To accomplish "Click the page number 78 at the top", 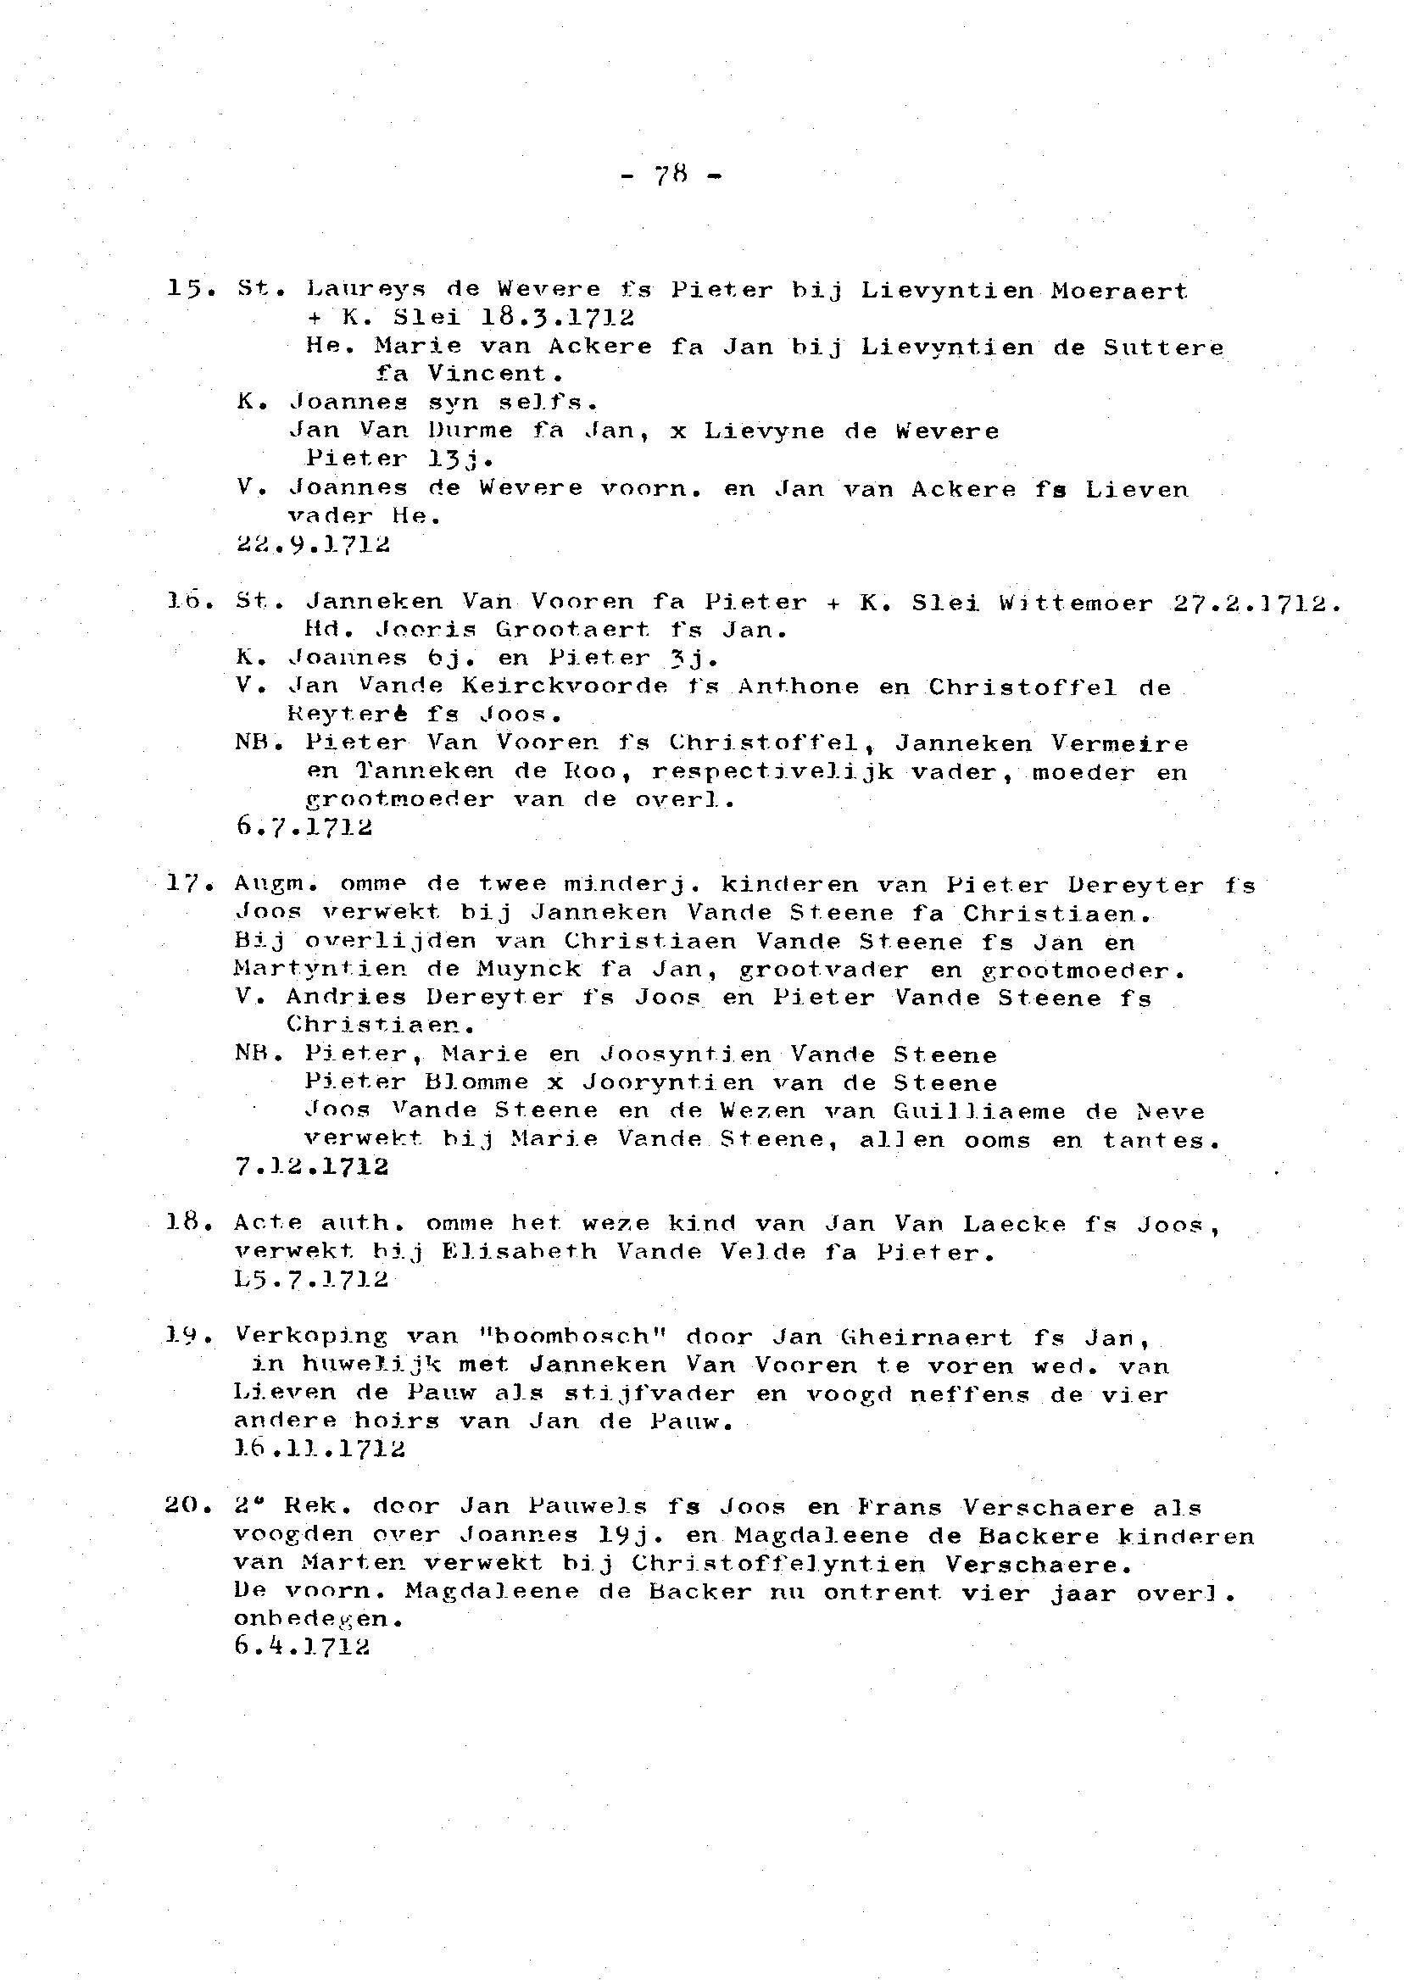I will [x=671, y=175].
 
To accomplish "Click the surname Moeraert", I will [x=1118, y=291].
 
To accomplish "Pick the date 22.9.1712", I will [x=312, y=544].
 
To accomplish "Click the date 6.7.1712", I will [x=304, y=827].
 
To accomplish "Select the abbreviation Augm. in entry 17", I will [x=276, y=884].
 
